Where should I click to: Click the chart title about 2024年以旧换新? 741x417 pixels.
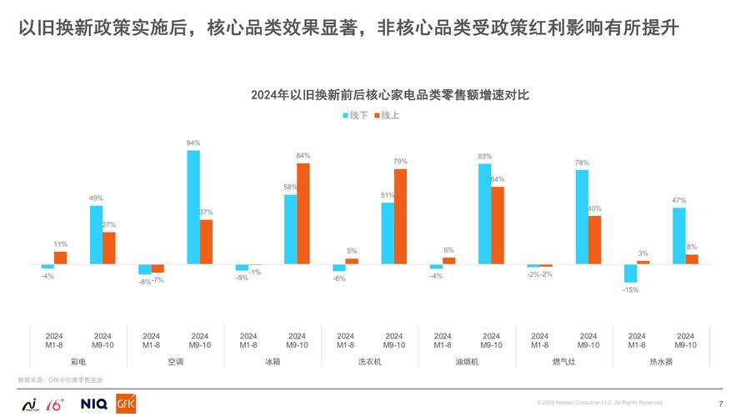tap(390, 96)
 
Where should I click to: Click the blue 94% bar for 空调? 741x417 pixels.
tap(193, 207)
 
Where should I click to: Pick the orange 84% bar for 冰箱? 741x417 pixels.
tap(303, 214)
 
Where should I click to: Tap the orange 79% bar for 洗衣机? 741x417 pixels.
tap(401, 216)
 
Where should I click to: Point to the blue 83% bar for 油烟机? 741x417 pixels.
tap(484, 214)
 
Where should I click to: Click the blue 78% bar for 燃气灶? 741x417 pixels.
tap(582, 217)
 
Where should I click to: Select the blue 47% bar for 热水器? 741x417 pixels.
tap(678, 236)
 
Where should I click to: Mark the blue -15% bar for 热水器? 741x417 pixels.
tap(630, 274)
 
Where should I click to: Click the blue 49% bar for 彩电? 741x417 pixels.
tap(96, 235)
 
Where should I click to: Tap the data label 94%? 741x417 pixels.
tap(193, 143)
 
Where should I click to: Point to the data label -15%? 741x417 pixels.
tap(630, 290)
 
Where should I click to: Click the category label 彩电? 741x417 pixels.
tap(78, 361)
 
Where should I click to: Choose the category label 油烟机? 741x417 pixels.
tap(467, 361)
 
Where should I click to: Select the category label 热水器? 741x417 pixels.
tap(661, 361)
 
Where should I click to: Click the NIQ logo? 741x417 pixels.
tap(93, 404)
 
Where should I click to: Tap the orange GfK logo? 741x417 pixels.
tap(128, 402)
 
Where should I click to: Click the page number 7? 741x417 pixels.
tap(720, 403)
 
